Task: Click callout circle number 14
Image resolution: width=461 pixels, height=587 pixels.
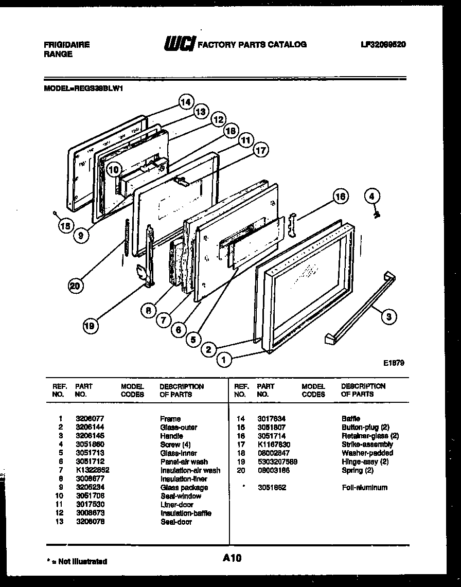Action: point(186,102)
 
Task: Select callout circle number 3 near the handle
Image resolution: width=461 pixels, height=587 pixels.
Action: point(388,317)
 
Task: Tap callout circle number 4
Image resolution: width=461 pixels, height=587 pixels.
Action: point(373,196)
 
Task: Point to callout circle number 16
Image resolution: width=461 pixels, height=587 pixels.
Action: point(340,196)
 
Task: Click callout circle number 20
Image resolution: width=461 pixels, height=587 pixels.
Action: point(76,287)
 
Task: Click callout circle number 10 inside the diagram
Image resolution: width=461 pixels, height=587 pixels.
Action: point(114,169)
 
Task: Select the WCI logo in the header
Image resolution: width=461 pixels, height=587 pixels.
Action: point(179,44)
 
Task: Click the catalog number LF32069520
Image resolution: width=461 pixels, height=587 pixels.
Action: point(383,45)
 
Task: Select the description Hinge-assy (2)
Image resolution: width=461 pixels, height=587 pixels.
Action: point(365,462)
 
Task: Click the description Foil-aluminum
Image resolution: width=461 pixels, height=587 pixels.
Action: point(364,488)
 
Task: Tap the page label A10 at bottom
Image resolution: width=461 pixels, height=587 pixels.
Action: point(232,558)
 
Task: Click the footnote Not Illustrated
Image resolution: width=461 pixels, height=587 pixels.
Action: point(82,561)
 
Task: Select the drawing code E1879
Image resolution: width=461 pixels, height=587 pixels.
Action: point(393,363)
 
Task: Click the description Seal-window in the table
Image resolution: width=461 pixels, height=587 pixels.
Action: point(181,496)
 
